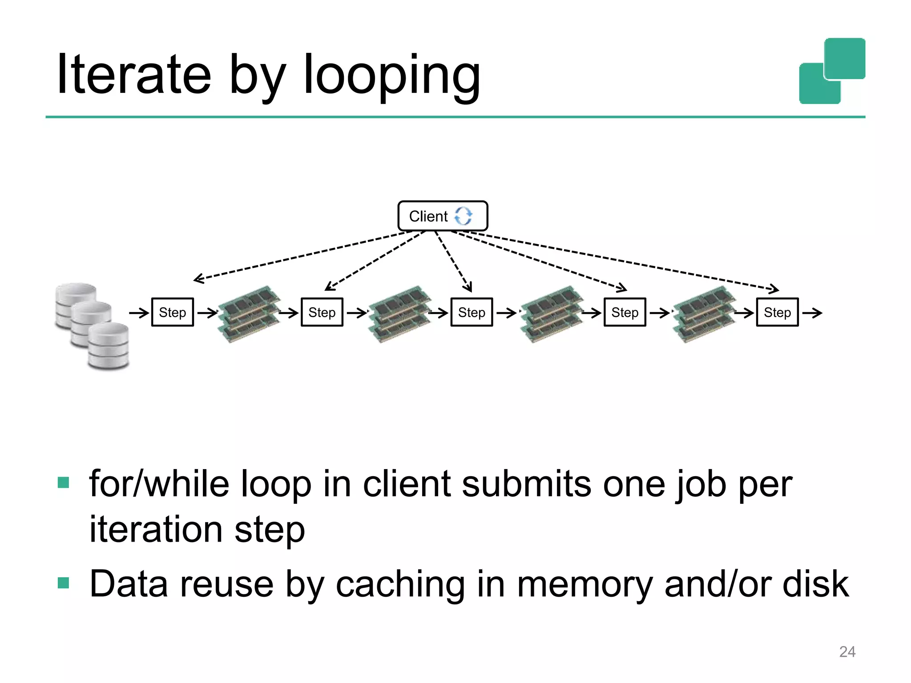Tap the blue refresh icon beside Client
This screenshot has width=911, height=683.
(463, 216)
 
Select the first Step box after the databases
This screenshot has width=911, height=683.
(173, 312)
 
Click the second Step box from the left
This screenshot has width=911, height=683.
(322, 312)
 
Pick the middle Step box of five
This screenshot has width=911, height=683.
(472, 312)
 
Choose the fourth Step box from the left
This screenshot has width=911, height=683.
(625, 312)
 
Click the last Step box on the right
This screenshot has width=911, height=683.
(777, 312)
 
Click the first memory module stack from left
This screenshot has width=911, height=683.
(250, 314)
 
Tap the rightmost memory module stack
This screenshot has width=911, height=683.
(705, 314)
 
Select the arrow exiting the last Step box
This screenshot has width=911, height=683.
(812, 313)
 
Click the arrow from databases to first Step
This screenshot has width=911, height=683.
(139, 313)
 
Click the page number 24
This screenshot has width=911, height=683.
(847, 651)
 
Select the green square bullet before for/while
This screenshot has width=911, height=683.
(64, 482)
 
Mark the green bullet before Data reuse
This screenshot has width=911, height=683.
(64, 583)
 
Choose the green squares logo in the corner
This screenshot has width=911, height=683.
(832, 71)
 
